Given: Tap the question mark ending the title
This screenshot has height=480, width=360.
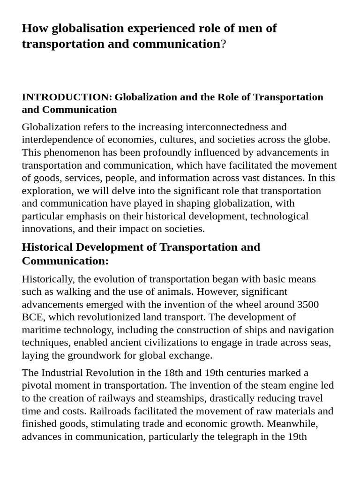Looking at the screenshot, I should (223, 44).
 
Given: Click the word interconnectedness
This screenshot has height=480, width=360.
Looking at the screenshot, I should (227, 127).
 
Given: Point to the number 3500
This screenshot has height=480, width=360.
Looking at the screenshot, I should (307, 305).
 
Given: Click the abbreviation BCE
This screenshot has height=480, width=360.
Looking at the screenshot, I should (32, 317).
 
